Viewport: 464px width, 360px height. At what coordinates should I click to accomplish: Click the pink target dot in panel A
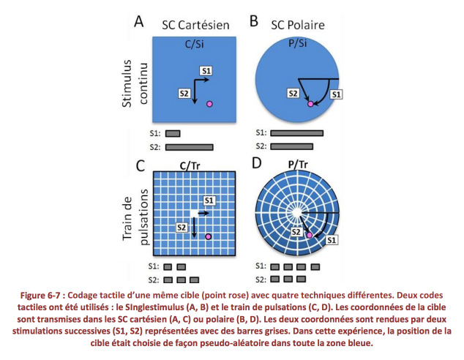209,104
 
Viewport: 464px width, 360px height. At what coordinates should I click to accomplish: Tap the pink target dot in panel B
310,104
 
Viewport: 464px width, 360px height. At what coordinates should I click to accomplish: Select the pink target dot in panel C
209,236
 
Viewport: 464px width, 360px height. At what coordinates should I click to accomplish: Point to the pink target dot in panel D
310,235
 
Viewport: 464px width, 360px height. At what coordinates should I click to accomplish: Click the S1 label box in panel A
206,71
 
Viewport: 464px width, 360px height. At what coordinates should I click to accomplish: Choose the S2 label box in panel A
184,94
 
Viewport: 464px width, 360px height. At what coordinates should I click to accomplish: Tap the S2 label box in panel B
293,94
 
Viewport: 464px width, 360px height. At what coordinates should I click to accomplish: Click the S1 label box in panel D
332,240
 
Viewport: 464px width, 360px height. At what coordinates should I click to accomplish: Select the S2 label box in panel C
182,227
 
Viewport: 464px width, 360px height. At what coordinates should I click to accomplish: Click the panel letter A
139,21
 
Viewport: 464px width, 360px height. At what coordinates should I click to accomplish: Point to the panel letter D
257,162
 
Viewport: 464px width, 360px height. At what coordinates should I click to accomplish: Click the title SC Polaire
298,25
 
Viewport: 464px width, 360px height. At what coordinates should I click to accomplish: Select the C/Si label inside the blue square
195,44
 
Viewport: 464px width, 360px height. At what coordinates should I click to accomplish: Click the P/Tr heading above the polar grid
298,165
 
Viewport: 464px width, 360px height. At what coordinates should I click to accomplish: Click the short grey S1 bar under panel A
173,134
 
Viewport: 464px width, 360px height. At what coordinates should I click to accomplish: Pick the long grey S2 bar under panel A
190,147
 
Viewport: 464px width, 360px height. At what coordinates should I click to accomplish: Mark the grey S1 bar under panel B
297,133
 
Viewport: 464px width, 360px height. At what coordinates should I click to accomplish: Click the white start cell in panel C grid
194,213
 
